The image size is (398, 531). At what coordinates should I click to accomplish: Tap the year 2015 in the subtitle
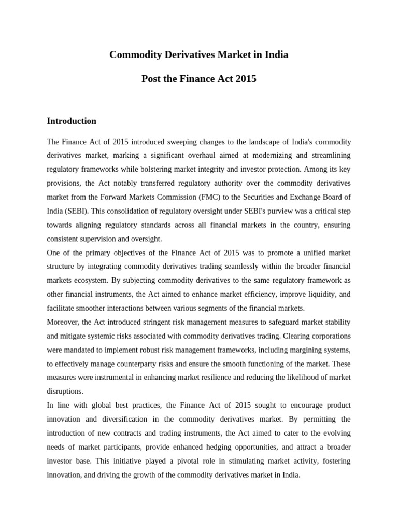coord(245,79)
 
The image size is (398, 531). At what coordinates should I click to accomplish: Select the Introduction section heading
coord(72,121)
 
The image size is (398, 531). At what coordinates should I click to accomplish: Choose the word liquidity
coord(311,295)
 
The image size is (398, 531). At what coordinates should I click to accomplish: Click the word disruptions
coord(65,392)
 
